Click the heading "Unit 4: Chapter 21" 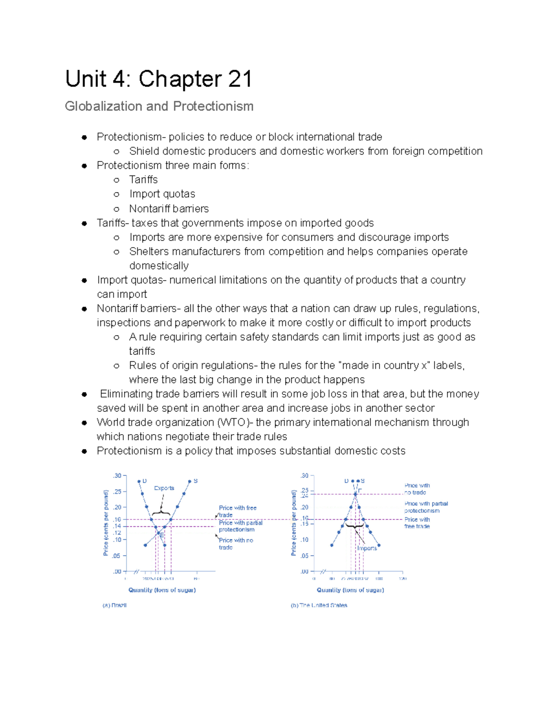pos(159,79)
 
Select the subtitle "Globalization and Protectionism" pos(159,106)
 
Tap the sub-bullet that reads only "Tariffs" pos(143,180)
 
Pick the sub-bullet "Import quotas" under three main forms pos(162,194)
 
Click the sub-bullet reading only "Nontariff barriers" pos(169,209)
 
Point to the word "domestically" pos(159,266)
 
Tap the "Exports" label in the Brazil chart pos(164,488)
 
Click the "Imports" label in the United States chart pos(367,548)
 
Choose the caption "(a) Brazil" pos(115,605)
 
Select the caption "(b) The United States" pos(319,605)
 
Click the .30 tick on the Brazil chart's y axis pos(117,475)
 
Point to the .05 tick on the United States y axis pos(305,556)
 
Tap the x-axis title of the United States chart pos(350,590)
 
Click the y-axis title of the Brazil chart pos(106,523)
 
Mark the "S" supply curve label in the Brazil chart pos(196,481)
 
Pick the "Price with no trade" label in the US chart pos(416,489)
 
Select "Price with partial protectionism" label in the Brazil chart pos(240,526)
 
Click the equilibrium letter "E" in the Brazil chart pos(161,535)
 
